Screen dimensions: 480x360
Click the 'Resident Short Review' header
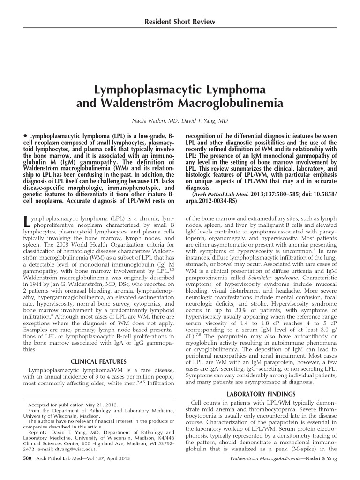point(180,22)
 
